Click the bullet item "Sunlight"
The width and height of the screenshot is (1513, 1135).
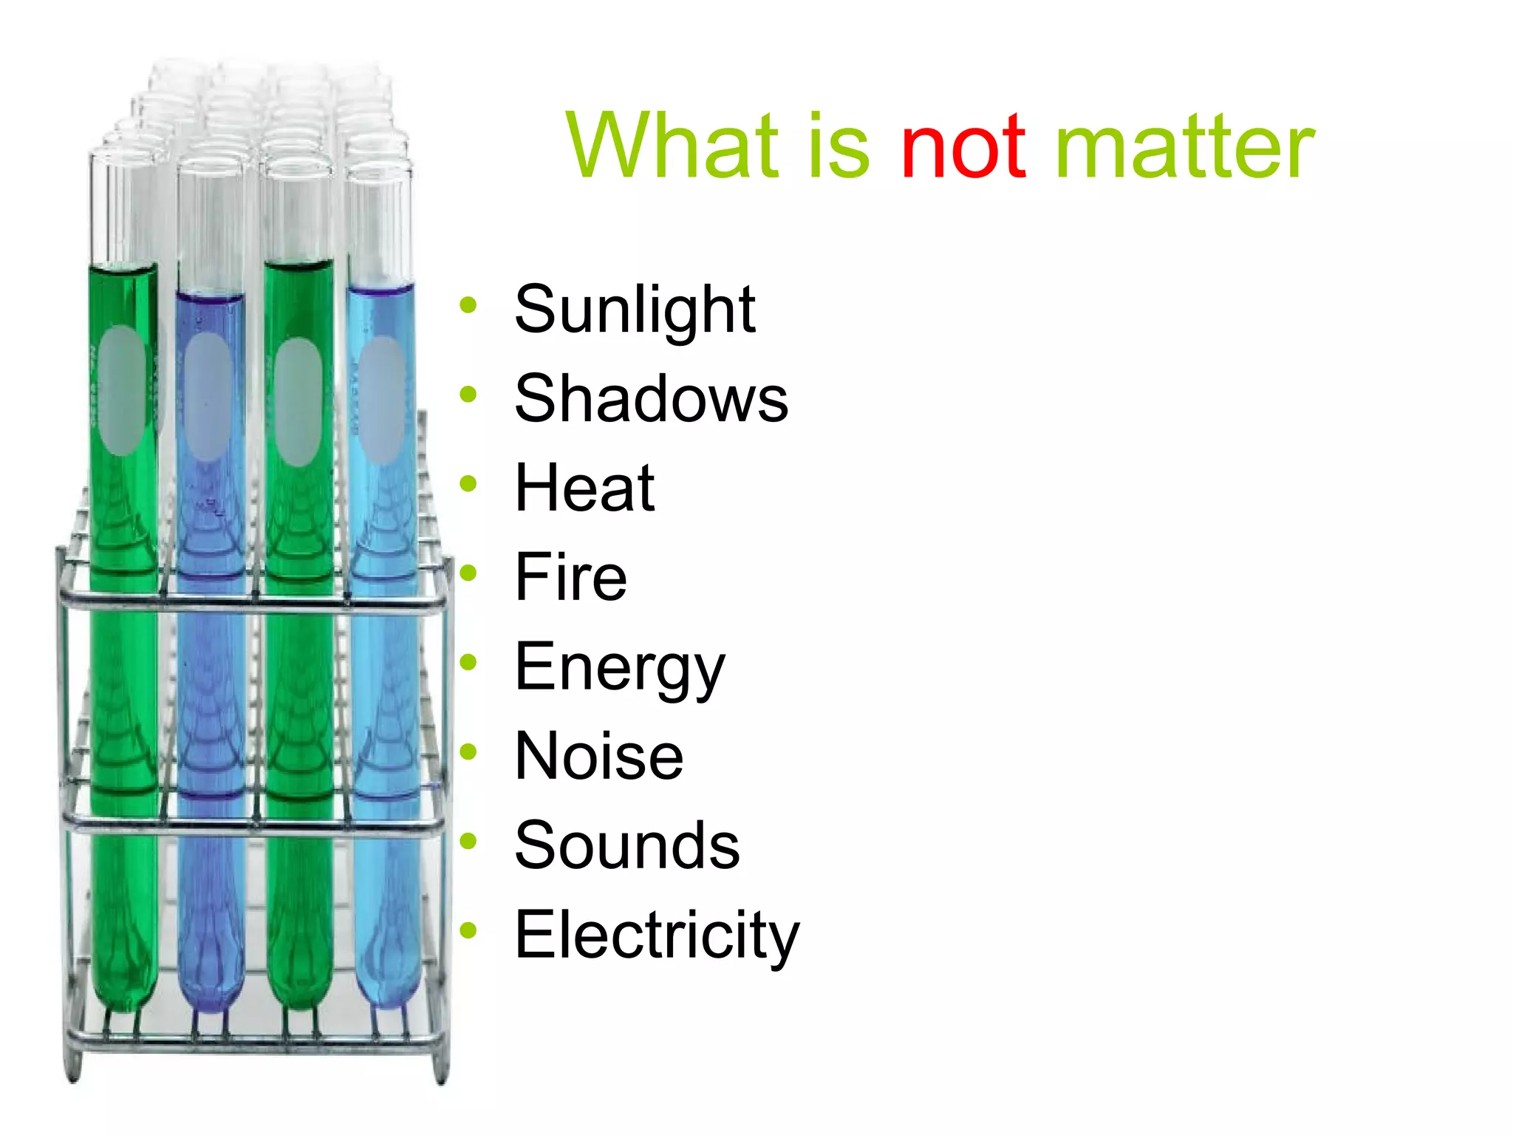pos(635,309)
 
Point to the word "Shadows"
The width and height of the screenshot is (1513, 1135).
pos(651,398)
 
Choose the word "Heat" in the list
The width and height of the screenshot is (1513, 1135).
pos(584,488)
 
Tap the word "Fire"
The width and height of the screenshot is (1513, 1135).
pos(570,577)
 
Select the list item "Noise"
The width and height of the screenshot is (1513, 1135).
pos(599,756)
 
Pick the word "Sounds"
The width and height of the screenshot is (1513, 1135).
pos(627,845)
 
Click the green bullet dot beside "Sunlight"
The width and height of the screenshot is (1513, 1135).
pos(468,304)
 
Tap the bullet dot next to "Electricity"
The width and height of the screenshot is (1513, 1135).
pos(468,930)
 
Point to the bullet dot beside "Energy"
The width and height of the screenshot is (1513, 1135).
pos(468,662)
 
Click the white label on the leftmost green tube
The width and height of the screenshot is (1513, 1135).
pos(121,390)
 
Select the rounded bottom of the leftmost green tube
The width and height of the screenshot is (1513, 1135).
pos(124,990)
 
